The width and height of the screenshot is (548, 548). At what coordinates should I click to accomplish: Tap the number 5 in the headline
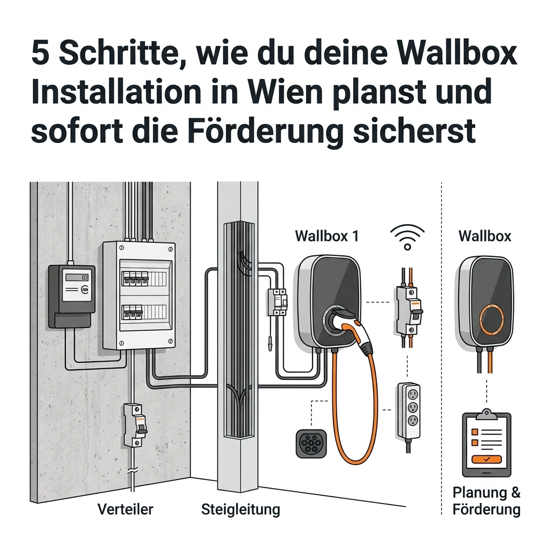point(40,54)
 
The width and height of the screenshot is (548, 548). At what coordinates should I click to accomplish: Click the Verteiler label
point(125,509)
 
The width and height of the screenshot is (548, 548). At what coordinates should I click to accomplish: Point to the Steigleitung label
point(240,510)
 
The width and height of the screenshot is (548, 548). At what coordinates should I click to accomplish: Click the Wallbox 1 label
point(327,236)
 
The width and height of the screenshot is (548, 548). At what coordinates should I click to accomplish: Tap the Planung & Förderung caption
point(486,501)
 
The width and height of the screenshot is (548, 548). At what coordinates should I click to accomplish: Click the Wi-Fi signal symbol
point(407,237)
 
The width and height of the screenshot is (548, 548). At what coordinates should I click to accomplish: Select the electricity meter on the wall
point(72,296)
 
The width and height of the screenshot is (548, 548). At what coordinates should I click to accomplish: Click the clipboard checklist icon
point(486,443)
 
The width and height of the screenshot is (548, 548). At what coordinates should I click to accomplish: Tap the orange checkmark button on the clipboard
point(486,459)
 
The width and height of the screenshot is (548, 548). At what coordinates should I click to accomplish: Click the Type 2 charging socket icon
point(311,444)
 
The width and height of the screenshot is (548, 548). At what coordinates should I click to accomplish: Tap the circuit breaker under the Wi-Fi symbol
point(408,310)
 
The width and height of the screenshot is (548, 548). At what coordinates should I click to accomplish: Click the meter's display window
point(77,277)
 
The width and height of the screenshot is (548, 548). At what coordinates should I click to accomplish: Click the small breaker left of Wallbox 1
point(277,302)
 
